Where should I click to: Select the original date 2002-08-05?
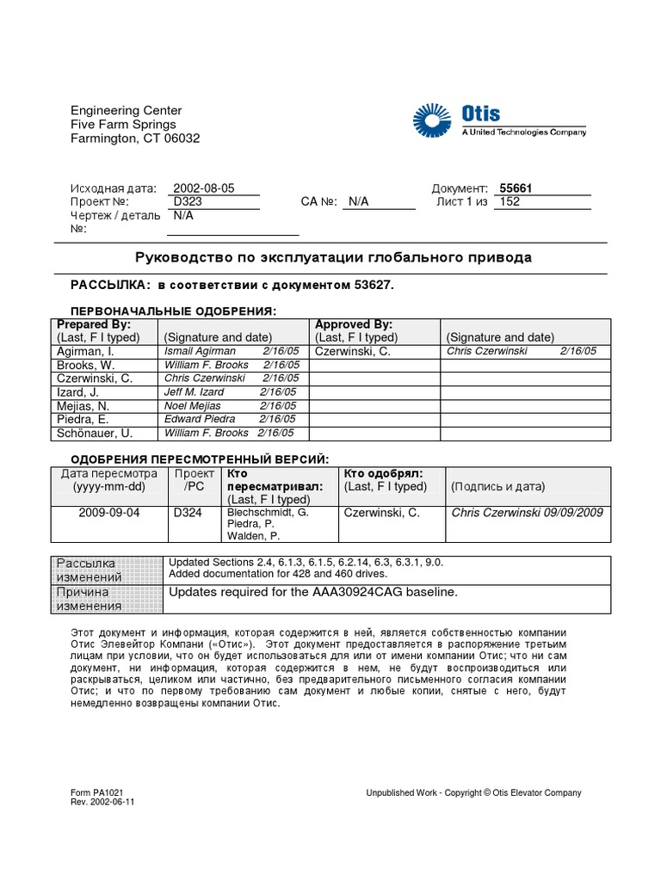coord(203,188)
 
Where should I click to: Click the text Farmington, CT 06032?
coord(135,139)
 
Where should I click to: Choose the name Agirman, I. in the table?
coord(85,351)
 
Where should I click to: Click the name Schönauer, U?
coord(95,433)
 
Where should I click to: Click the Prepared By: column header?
coord(94,324)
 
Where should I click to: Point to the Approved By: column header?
coord(354,324)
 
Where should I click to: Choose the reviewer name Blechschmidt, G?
coord(267,512)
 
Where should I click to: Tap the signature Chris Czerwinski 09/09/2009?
coord(528,513)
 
